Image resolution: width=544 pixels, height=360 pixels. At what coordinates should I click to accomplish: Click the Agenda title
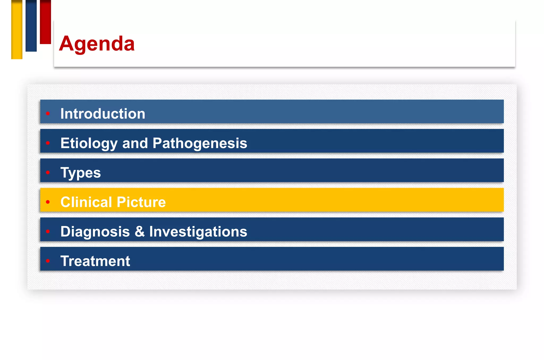(97, 44)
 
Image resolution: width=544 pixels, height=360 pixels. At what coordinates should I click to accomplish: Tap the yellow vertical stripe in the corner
(17, 29)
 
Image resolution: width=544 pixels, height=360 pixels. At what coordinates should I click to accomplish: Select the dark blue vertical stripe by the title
(31, 26)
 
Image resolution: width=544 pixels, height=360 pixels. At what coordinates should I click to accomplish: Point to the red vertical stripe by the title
(45, 22)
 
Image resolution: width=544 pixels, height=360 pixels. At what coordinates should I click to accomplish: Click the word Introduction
(103, 114)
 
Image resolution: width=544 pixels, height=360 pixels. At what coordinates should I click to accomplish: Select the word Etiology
(89, 143)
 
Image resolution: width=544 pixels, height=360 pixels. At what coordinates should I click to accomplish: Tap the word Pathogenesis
(200, 143)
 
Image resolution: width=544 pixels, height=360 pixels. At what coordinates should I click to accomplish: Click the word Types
(80, 173)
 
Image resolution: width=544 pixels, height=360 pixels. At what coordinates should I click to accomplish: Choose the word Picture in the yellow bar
(141, 202)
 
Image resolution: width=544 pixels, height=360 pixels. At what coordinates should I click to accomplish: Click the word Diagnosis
(95, 232)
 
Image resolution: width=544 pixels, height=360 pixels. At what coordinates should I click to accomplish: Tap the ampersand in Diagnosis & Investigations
(140, 231)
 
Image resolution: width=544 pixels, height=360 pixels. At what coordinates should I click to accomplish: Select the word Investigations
(198, 232)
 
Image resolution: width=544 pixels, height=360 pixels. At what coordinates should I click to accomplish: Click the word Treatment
(95, 261)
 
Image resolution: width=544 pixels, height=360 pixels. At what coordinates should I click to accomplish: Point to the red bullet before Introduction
(48, 114)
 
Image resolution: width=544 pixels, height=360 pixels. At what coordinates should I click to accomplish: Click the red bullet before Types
(48, 173)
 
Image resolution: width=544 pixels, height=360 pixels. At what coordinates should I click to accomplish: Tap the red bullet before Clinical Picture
(48, 202)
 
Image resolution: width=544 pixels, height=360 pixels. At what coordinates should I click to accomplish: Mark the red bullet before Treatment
(48, 261)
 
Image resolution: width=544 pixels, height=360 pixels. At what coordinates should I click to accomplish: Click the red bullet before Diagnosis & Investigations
(48, 231)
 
